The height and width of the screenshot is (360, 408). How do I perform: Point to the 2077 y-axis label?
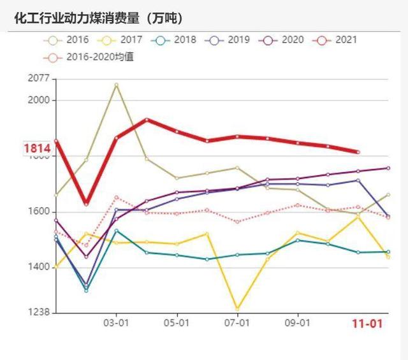tap(39, 79)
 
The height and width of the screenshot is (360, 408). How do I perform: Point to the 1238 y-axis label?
tap(39, 313)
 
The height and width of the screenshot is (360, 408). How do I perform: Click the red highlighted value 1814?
tap(37, 148)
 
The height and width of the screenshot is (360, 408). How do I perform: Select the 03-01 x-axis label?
tap(116, 323)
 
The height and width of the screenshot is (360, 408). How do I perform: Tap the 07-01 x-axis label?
tap(237, 323)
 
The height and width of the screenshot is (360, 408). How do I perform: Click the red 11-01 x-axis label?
tap(368, 324)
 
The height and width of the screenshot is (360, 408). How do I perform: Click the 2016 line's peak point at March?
tap(116, 84)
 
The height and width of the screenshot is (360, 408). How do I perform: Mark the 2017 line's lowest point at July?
tap(237, 309)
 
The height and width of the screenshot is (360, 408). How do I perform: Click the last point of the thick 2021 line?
tap(358, 152)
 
